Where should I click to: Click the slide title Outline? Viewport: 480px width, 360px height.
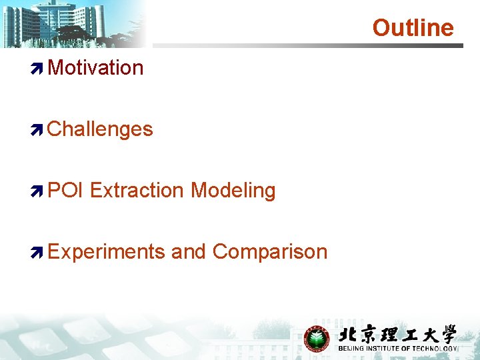[x=413, y=28]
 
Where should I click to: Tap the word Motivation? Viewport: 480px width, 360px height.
[x=95, y=67]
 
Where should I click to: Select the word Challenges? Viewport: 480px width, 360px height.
[x=100, y=129]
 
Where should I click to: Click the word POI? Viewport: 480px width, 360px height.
[x=65, y=190]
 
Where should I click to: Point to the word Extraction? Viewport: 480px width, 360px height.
[x=137, y=190]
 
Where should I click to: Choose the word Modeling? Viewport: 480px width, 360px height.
[x=233, y=190]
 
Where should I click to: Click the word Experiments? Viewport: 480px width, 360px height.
[x=107, y=251]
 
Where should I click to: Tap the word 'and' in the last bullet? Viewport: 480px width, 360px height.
[x=189, y=251]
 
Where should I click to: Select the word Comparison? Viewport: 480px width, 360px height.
[x=270, y=251]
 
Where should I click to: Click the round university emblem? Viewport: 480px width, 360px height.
[x=317, y=339]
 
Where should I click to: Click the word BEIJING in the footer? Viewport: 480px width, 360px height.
[x=352, y=349]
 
